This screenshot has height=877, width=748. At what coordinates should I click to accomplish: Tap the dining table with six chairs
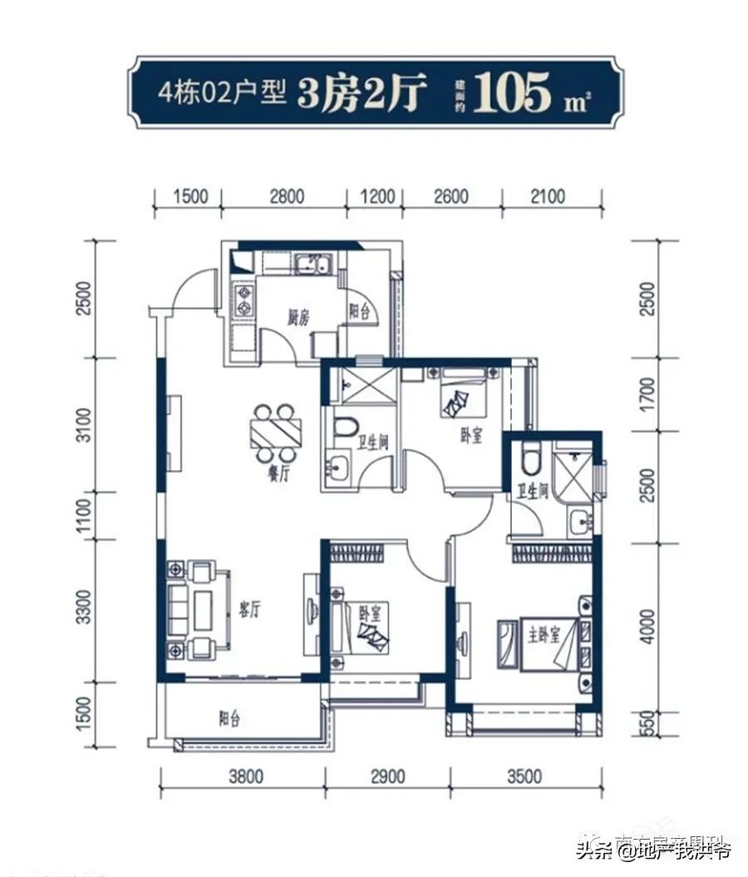coord(275,433)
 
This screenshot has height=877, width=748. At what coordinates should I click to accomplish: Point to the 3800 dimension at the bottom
coord(245,777)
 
